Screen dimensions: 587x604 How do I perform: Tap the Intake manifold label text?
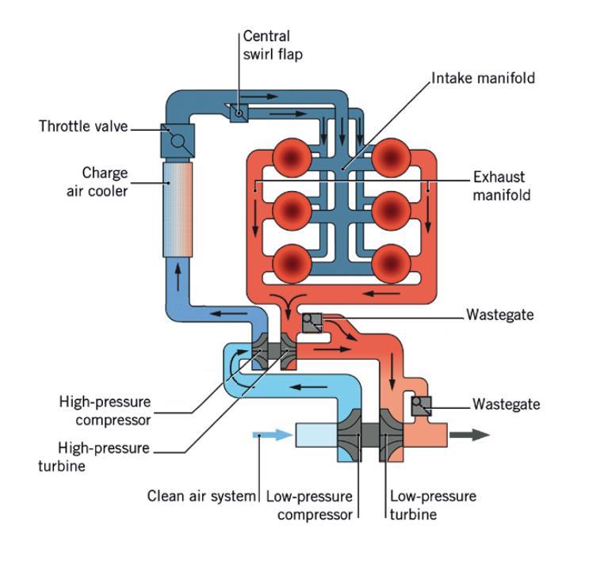pyautogui.click(x=483, y=78)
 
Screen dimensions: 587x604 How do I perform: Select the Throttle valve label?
pyautogui.click(x=83, y=126)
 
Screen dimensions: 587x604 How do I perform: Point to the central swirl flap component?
pyautogui.click(x=237, y=113)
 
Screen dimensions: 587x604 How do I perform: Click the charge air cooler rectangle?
pyautogui.click(x=178, y=209)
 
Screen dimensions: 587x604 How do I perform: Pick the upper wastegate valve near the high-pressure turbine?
pyautogui.click(x=311, y=322)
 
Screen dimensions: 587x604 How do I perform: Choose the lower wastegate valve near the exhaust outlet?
pyautogui.click(x=421, y=406)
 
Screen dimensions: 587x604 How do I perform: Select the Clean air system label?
pyautogui.click(x=202, y=497)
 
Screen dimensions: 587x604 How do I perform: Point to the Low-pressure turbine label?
pyautogui.click(x=433, y=505)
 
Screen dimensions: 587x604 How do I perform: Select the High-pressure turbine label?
pyautogui.click(x=94, y=456)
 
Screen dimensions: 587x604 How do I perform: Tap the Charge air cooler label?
pyautogui.click(x=97, y=181)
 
